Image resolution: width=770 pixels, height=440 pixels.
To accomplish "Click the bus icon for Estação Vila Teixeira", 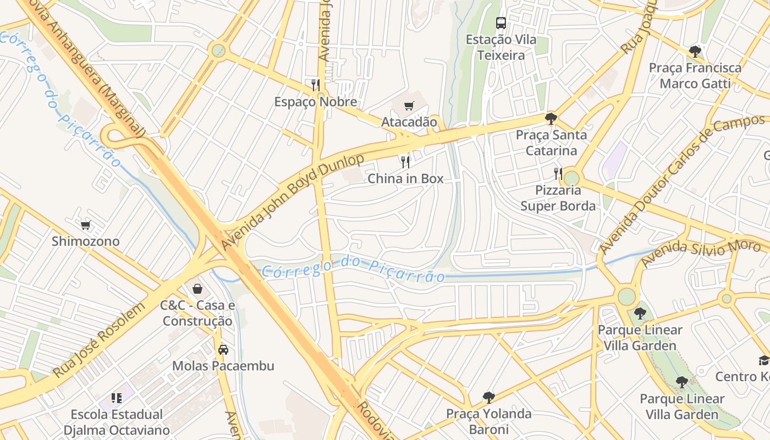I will (501, 23).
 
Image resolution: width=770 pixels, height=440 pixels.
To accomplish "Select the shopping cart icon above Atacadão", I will (409, 106).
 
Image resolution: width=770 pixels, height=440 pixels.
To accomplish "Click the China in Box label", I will (405, 179).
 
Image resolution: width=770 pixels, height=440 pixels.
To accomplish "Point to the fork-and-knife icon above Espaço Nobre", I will (316, 85).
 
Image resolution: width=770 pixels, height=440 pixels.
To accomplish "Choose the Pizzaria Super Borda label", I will (558, 198).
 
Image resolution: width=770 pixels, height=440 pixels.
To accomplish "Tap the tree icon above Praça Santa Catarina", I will (551, 118).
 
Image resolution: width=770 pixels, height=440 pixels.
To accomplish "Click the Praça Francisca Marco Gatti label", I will (695, 76).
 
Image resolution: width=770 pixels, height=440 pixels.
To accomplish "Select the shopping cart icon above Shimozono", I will (85, 224).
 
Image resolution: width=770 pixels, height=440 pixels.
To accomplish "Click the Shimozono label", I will (85, 241).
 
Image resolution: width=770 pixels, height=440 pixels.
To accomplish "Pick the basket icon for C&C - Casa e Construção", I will (197, 289).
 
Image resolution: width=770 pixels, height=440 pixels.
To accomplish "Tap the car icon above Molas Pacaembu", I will (223, 350).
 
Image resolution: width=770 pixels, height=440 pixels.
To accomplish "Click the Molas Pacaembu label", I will (223, 366).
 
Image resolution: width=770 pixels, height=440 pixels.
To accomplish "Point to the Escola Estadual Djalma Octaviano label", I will (117, 422).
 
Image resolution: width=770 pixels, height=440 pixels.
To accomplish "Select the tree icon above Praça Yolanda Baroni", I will (488, 397).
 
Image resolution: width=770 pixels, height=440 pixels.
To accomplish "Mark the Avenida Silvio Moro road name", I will (701, 252).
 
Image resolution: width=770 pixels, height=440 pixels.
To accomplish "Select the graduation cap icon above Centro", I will (764, 360).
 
